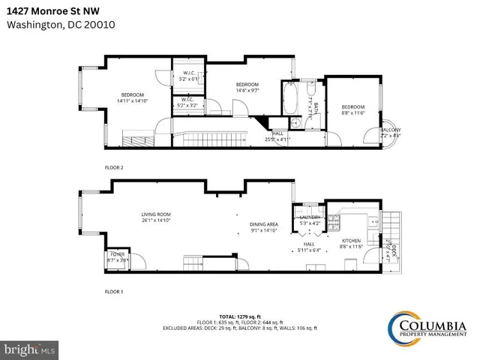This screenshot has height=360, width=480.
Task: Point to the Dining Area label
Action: pos(264,227)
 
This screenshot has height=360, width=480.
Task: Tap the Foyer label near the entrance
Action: pos(118,257)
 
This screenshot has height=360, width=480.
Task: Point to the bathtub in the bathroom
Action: pos(291,98)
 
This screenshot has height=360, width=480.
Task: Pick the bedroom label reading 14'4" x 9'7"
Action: pos(247,86)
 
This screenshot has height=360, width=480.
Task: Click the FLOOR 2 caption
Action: pos(114,167)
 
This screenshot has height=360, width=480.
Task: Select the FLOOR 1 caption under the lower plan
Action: pos(114,290)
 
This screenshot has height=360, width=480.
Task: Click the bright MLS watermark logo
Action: pos(28,350)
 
